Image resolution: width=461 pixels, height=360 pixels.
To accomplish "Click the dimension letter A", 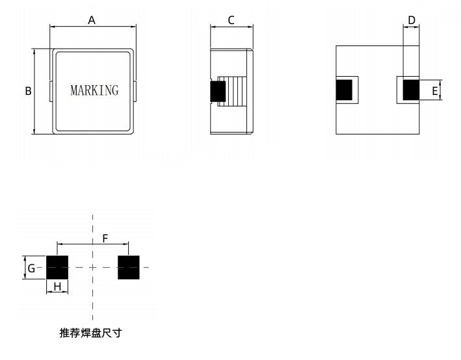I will (92, 20).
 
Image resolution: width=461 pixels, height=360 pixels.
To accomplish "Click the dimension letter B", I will (28, 92).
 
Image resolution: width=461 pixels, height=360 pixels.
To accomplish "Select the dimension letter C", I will (231, 20).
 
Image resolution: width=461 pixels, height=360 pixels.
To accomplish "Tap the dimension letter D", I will (411, 20).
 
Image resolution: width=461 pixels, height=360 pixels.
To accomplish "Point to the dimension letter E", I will (434, 91).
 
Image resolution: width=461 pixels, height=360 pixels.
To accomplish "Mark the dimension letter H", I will (57, 286).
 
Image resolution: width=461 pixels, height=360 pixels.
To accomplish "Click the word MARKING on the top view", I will (94, 90).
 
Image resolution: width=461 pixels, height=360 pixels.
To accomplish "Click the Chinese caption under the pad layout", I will (90, 333).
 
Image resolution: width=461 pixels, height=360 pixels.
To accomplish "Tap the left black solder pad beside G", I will (57, 268).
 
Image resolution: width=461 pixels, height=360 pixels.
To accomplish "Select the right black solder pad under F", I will (128, 268).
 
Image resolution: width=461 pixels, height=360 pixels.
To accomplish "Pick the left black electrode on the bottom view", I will (343, 90).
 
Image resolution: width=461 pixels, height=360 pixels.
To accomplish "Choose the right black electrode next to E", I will (411, 90).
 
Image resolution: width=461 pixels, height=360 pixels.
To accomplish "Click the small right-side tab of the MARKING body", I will (135, 91).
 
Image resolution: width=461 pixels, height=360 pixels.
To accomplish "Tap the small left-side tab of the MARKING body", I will (51, 91).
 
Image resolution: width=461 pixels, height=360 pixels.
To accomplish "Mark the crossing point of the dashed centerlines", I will (93, 268).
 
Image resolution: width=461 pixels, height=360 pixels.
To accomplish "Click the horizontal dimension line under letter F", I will (93, 244).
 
